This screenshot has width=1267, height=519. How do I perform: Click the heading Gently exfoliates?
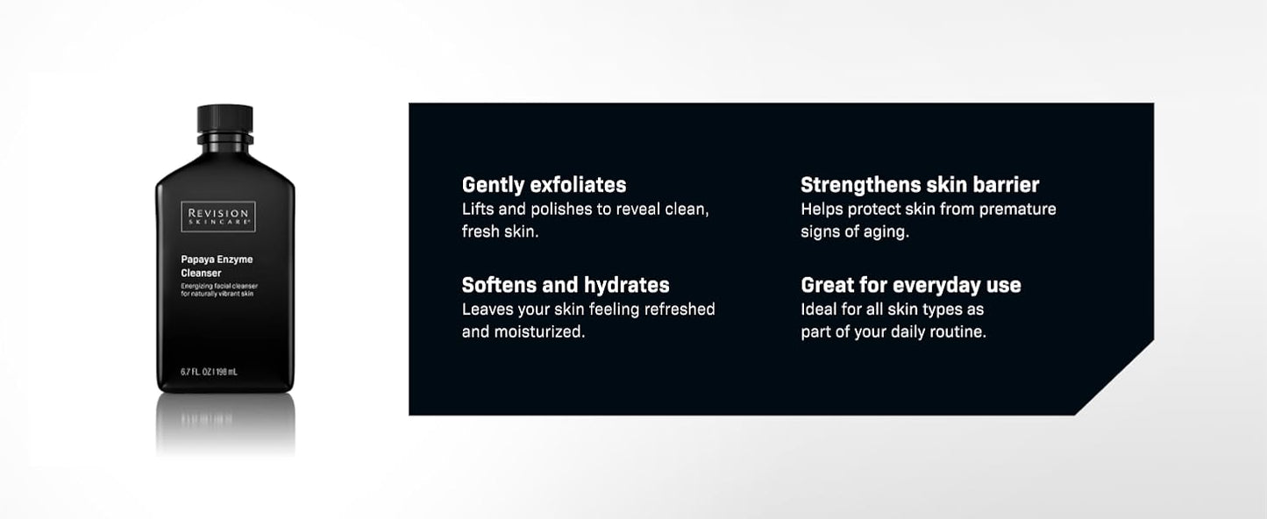click(544, 185)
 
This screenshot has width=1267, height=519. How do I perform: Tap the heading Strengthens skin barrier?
click(920, 185)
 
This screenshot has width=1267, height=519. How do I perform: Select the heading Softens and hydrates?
click(566, 285)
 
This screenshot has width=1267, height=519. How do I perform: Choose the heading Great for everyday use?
click(910, 285)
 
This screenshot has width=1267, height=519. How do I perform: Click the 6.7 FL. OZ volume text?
click(209, 372)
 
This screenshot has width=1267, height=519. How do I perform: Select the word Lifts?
click(478, 210)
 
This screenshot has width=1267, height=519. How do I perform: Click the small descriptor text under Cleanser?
click(217, 290)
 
